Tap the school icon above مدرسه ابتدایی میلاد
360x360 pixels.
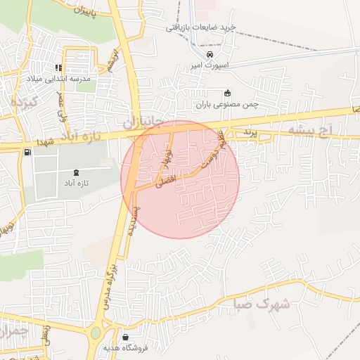[59, 68]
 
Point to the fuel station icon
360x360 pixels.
[27, 152]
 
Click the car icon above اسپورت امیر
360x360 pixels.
[210, 55]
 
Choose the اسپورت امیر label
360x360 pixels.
[206, 65]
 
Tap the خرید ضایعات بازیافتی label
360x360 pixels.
[200, 27]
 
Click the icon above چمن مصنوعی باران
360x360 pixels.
[227, 93]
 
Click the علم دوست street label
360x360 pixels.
[214, 148]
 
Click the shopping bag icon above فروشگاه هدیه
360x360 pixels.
[124, 337]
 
